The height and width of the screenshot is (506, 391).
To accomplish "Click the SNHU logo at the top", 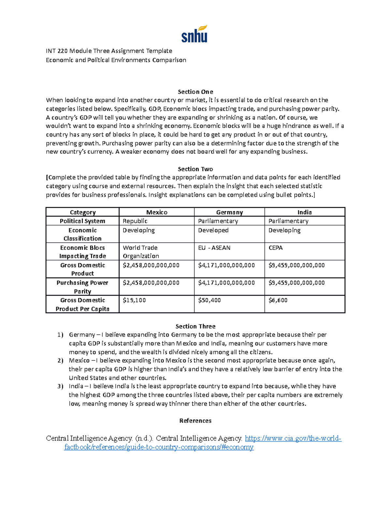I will [195, 34].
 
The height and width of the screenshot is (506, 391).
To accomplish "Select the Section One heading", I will [195, 92].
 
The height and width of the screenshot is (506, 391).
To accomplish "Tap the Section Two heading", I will [195, 169].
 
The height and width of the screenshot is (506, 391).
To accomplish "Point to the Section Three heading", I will [195, 326].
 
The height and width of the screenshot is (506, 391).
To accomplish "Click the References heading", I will [195, 421].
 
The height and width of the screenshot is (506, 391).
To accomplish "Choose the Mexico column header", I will [157, 212].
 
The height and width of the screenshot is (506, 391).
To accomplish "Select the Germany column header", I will [229, 212].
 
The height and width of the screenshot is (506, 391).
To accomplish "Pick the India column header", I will [304, 212].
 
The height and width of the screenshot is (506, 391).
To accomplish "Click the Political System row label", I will [82, 221].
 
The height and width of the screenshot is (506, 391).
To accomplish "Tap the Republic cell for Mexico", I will [135, 221].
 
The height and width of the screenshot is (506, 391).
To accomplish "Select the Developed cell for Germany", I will [213, 230].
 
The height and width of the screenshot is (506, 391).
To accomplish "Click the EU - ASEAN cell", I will [214, 248].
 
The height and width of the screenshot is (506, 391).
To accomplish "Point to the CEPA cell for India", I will [275, 248].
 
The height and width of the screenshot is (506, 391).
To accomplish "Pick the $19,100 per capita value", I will [134, 300].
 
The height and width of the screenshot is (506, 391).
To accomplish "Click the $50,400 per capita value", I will [209, 300].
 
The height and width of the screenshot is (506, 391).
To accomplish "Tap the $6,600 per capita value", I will [278, 300].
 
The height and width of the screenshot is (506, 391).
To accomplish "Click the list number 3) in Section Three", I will [60, 386].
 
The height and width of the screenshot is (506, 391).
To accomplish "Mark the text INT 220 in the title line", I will [57, 51].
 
